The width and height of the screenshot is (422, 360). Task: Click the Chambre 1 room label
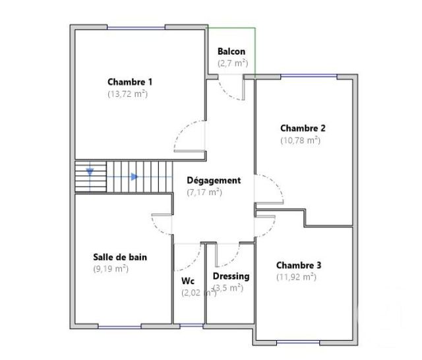click(130, 82)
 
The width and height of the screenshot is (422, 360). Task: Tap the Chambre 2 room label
click(303, 128)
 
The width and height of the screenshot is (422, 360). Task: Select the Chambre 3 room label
click(299, 265)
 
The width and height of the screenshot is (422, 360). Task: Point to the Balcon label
click(231, 52)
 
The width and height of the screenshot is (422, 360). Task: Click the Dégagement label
click(214, 180)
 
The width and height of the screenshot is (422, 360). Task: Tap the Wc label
click(188, 280)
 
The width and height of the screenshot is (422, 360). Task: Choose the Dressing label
click(231, 276)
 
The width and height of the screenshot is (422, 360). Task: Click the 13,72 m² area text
click(127, 94)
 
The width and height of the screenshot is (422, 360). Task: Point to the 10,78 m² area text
click(300, 140)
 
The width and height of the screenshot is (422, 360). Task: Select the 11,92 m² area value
click(296, 277)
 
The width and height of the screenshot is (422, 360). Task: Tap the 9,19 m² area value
click(111, 268)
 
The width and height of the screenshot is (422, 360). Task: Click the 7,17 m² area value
click(204, 193)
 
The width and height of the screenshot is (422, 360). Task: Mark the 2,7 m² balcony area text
click(233, 64)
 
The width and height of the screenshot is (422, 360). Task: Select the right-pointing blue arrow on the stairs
click(134, 177)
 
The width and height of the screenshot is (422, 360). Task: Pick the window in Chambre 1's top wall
click(136, 28)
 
